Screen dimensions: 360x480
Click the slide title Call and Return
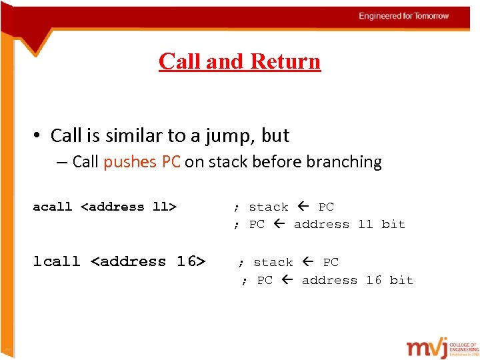(239, 61)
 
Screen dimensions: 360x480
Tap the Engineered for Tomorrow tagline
(404, 16)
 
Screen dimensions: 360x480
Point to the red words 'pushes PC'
(142, 162)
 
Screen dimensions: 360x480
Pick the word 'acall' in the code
(52, 207)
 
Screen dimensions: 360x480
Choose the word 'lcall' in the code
(57, 262)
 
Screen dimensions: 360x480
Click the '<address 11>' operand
(129, 207)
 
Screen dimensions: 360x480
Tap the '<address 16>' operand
(148, 262)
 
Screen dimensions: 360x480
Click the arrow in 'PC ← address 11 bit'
(279, 225)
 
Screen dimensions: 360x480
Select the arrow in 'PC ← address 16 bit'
(287, 280)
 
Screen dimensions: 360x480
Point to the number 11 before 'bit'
(365, 225)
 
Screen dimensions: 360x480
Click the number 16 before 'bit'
(373, 280)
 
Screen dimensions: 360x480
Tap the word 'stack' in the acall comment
(268, 207)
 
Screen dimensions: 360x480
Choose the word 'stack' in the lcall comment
(273, 262)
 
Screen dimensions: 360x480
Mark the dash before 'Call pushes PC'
(63, 162)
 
